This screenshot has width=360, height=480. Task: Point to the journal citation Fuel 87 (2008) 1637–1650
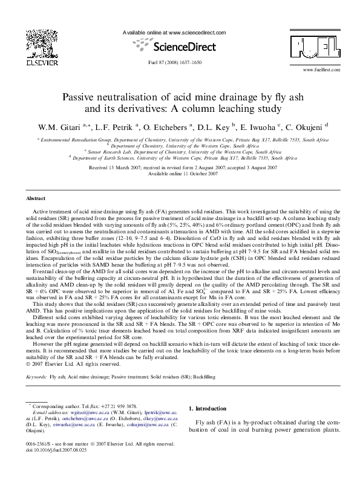(x=180, y=62)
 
